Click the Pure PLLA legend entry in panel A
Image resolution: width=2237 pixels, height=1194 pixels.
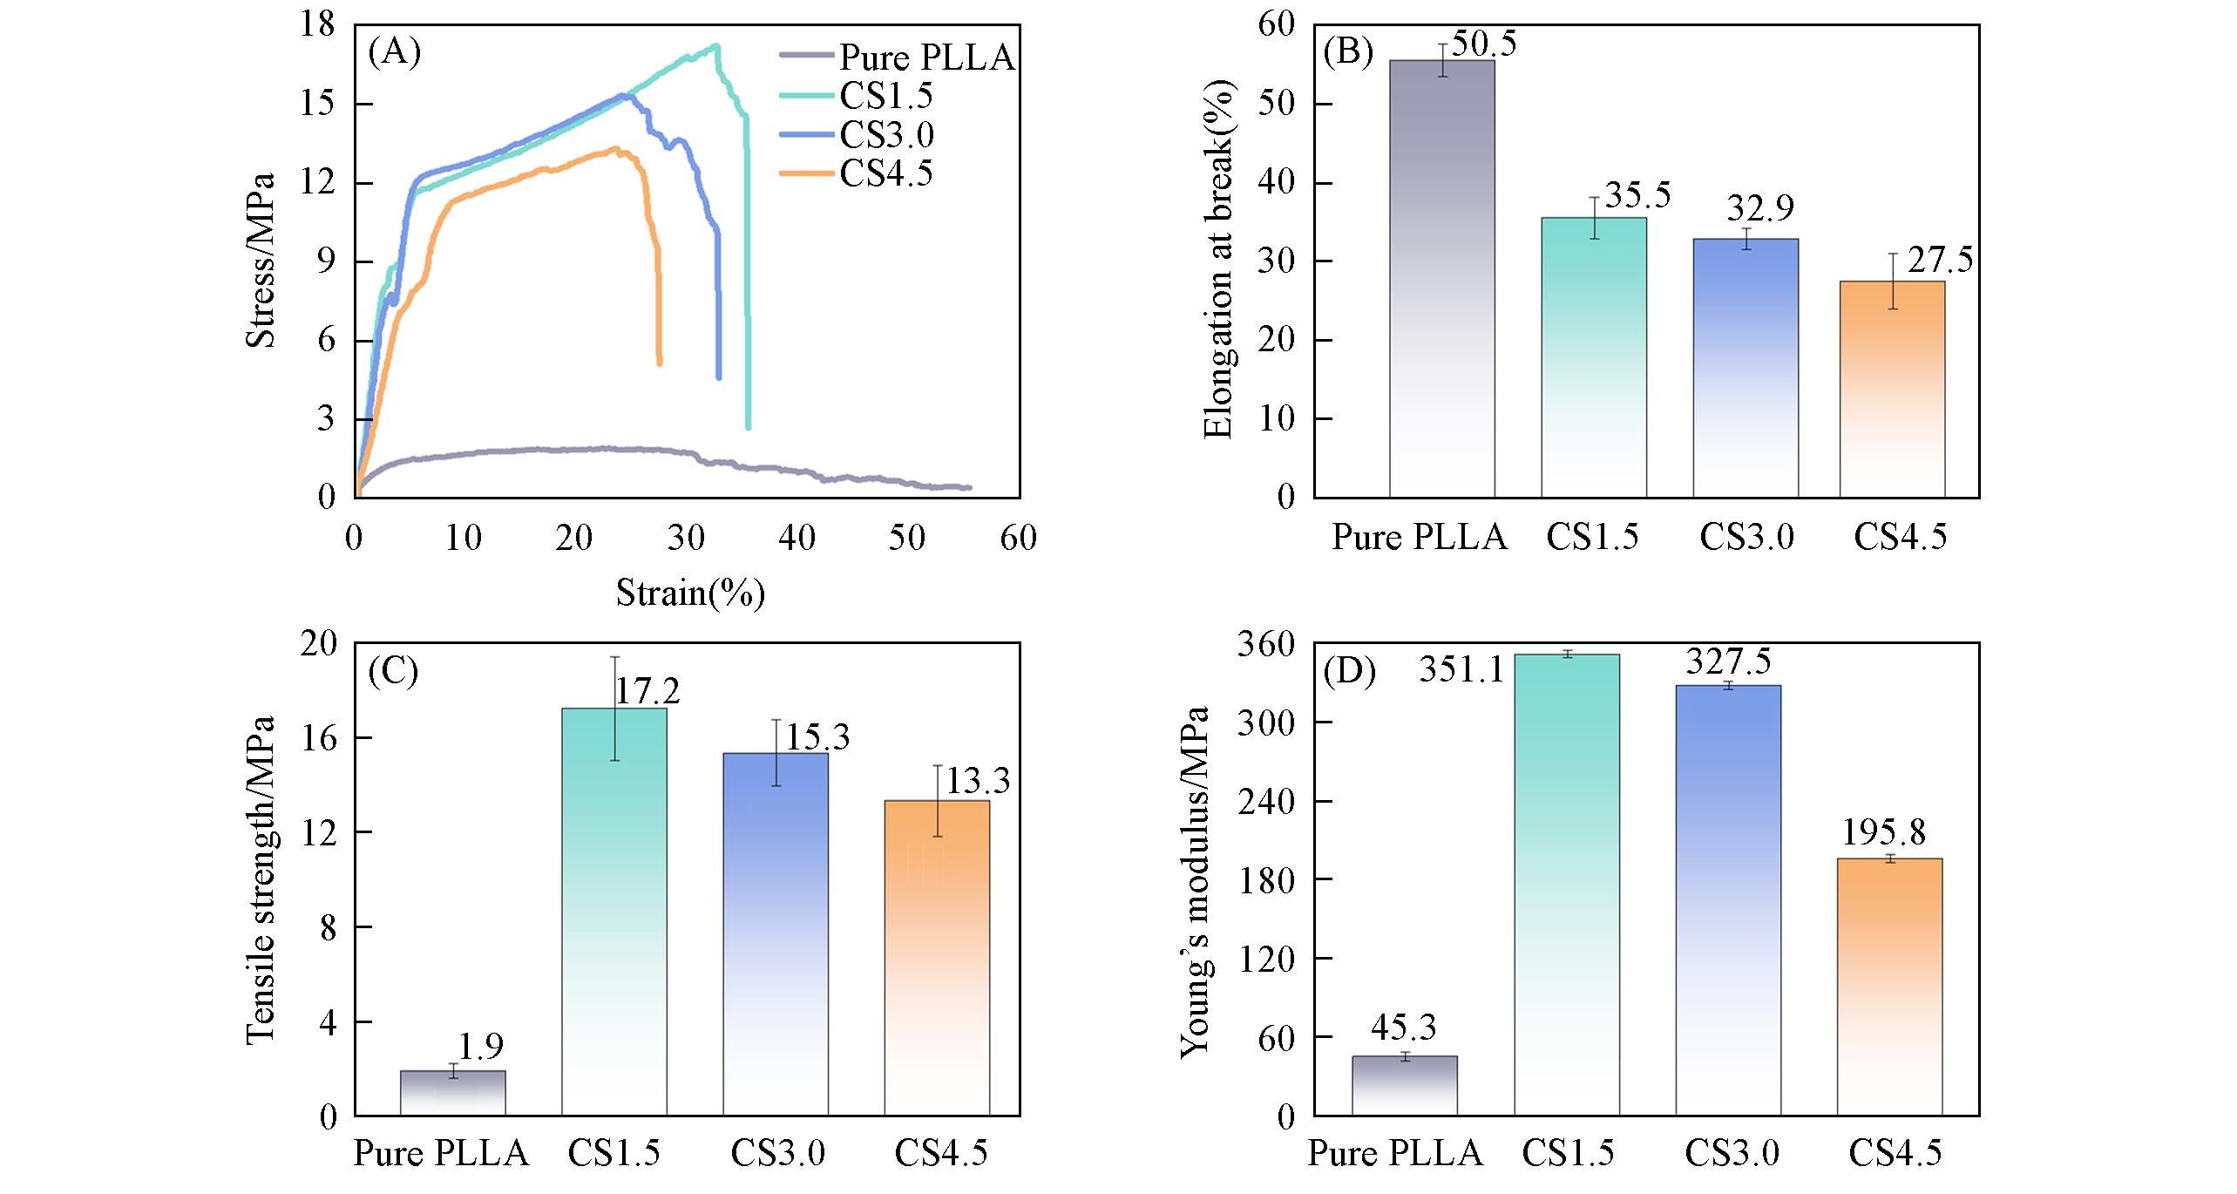pyautogui.click(x=925, y=58)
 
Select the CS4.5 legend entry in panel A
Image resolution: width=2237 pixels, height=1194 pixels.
pyautogui.click(x=885, y=173)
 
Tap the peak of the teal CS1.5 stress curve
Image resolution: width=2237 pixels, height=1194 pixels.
pyautogui.click(x=715, y=46)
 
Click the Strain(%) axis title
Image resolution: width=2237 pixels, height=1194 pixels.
pyautogui.click(x=690, y=594)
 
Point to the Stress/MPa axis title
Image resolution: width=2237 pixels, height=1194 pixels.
pyautogui.click(x=261, y=261)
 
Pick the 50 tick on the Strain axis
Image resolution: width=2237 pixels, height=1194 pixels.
pyautogui.click(x=907, y=537)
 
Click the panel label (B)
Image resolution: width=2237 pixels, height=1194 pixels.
pyautogui.click(x=1348, y=53)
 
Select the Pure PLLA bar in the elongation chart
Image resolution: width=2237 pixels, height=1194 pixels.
pyautogui.click(x=1441, y=279)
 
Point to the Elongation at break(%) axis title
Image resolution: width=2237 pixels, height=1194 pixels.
pyautogui.click(x=1217, y=260)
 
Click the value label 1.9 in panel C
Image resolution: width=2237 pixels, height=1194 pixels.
pyautogui.click(x=481, y=1046)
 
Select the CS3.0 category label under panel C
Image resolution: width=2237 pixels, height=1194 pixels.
pyautogui.click(x=777, y=1154)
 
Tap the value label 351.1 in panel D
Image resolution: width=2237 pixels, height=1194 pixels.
pyautogui.click(x=1461, y=669)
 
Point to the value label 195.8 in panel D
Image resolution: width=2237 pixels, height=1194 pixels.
pyautogui.click(x=1883, y=833)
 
